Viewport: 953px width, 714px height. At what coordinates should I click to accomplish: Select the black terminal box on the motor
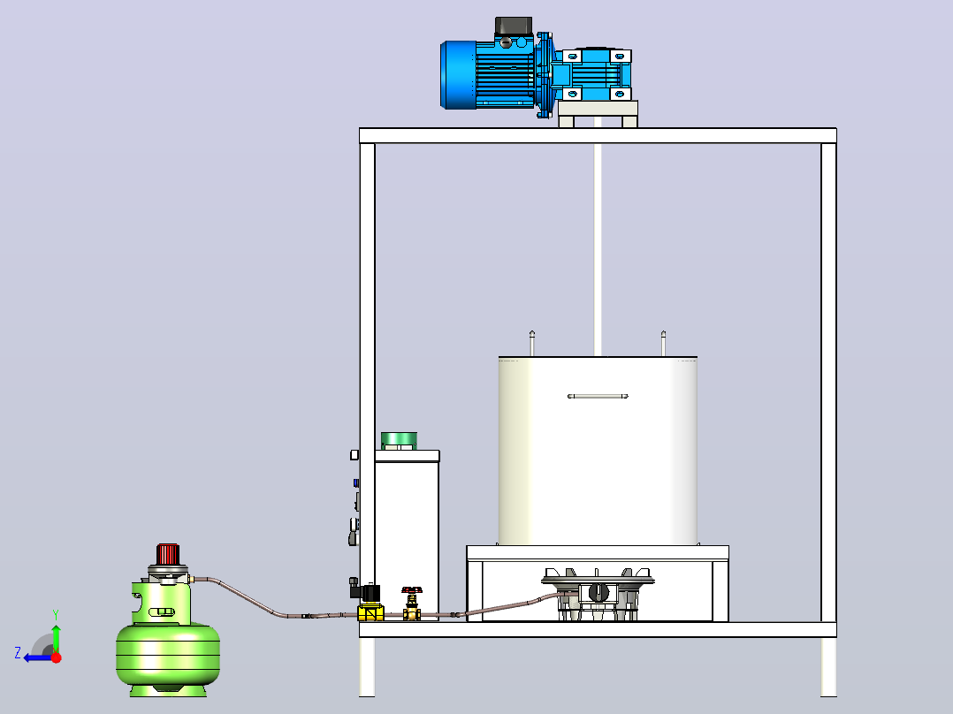click(x=514, y=26)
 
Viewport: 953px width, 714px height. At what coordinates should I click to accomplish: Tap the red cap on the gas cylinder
click(x=168, y=554)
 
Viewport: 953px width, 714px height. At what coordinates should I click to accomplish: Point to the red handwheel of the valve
click(x=412, y=590)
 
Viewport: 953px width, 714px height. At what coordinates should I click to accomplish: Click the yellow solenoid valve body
click(x=370, y=611)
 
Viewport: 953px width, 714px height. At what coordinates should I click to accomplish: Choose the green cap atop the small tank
click(x=400, y=441)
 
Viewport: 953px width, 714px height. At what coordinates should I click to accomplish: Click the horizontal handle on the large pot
click(x=598, y=396)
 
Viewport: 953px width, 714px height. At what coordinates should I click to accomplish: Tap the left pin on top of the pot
click(x=532, y=344)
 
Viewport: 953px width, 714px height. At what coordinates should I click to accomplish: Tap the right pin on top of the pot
click(x=663, y=344)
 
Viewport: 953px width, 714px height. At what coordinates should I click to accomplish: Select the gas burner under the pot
click(x=598, y=593)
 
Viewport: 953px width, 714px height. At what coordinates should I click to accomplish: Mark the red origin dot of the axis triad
click(x=57, y=657)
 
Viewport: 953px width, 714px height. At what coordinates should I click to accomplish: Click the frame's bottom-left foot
click(x=367, y=666)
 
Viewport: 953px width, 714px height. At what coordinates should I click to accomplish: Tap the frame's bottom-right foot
click(x=828, y=666)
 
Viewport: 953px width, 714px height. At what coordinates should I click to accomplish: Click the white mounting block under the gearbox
click(x=598, y=114)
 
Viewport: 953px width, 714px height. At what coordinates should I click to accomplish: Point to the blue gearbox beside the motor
click(x=592, y=75)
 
